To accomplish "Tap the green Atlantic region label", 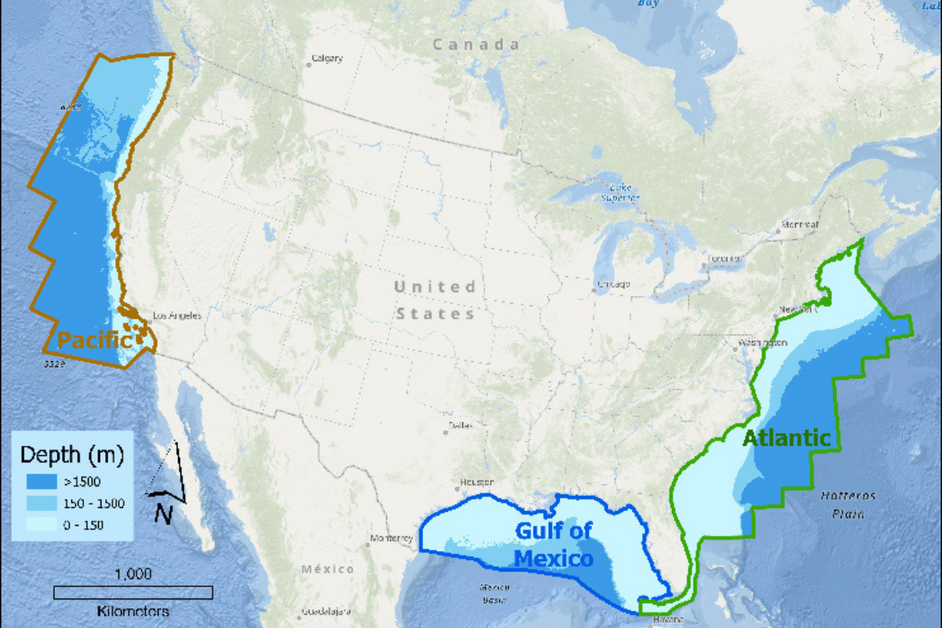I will pyautogui.click(x=786, y=438).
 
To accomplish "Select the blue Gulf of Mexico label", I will pyautogui.click(x=553, y=545).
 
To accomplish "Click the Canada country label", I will pyautogui.click(x=476, y=45).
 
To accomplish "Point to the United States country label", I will pyautogui.click(x=435, y=300).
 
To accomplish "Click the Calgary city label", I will pyautogui.click(x=327, y=58).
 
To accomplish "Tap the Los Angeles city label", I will pyautogui.click(x=176, y=316).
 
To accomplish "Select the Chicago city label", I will pyautogui.click(x=613, y=284).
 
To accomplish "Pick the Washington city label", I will pyautogui.click(x=762, y=343).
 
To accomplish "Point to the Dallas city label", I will pyautogui.click(x=461, y=425).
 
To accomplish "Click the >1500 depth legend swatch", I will pyautogui.click(x=40, y=480).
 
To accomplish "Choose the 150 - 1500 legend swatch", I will pyautogui.click(x=40, y=502).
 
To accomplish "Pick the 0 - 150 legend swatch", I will pyautogui.click(x=40, y=524).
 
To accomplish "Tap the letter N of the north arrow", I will pyautogui.click(x=163, y=513).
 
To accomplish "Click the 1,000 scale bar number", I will pyautogui.click(x=133, y=574).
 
